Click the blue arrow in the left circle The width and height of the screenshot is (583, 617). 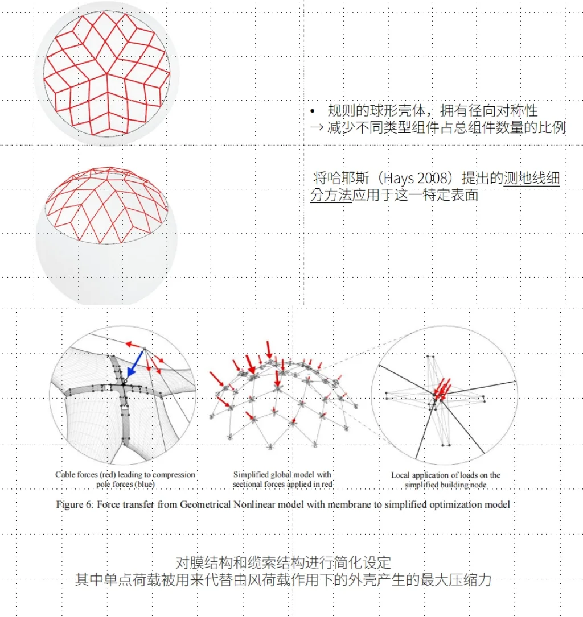(x=135, y=362)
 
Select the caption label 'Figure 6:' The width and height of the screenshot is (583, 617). (x=75, y=504)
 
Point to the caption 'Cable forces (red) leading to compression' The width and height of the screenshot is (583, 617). (x=125, y=474)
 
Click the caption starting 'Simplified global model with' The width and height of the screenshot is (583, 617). (x=282, y=474)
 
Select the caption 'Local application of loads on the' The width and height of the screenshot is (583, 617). (x=446, y=475)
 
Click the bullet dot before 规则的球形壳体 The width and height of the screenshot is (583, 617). (x=313, y=111)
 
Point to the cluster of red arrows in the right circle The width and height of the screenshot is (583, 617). (x=441, y=387)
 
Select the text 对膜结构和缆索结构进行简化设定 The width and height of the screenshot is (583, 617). (x=283, y=563)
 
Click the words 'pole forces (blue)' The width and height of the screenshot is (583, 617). (x=125, y=485)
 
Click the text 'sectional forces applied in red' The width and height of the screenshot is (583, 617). (x=282, y=484)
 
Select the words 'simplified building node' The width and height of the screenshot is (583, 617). (x=446, y=485)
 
